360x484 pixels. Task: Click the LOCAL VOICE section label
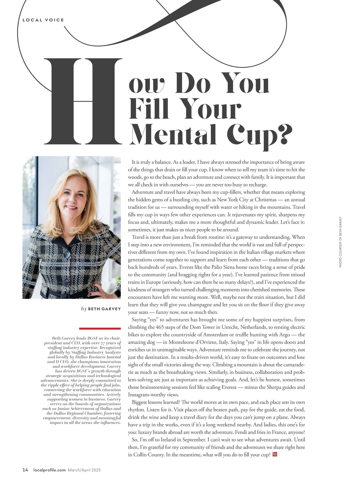(x=43, y=20)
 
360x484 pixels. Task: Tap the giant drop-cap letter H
(x=83, y=101)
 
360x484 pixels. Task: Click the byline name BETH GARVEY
(x=104, y=309)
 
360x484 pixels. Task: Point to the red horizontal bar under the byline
(x=100, y=329)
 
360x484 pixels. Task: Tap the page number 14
(x=25, y=470)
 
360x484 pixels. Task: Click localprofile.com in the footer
(x=49, y=470)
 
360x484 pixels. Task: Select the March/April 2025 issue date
(x=84, y=470)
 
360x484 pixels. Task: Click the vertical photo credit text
(x=340, y=242)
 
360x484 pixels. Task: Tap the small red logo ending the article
(x=275, y=454)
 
